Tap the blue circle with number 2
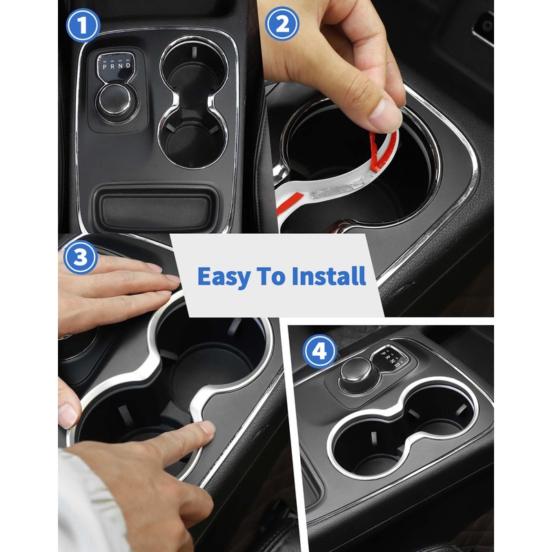[282, 26]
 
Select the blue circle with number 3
[81, 258]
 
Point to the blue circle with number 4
[319, 352]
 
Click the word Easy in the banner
[224, 277]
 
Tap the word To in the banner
[273, 277]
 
